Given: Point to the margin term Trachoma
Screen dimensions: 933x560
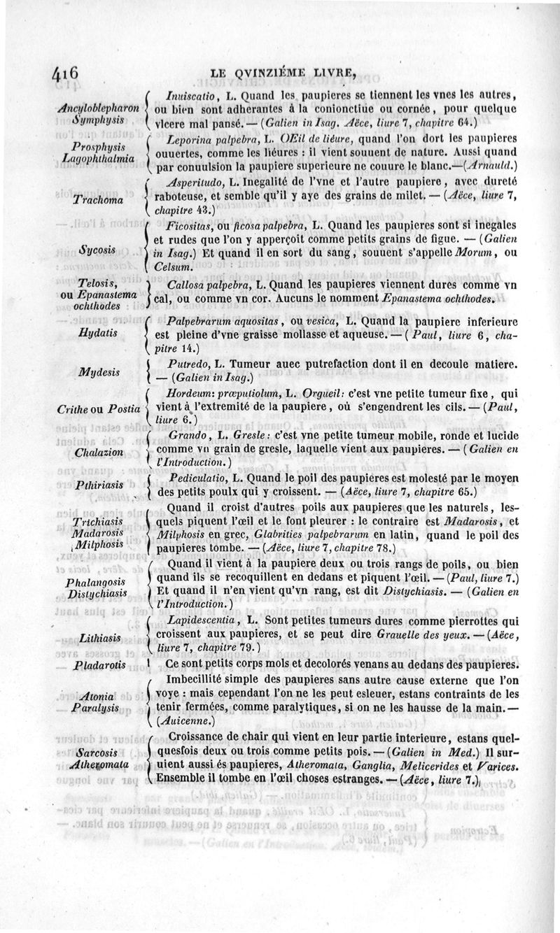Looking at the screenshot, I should (x=98, y=201).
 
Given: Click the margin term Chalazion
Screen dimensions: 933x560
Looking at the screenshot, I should (x=98, y=453).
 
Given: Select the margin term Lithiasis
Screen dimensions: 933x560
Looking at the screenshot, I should (x=98, y=637).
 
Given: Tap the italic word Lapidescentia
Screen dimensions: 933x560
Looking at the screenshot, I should (x=204, y=620).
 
